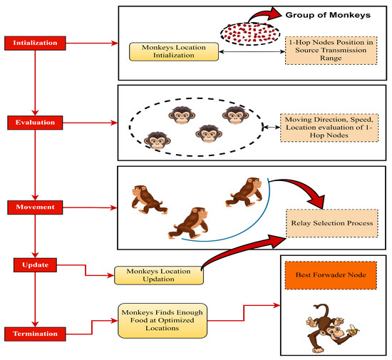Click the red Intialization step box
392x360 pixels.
click(35, 43)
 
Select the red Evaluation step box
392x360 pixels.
click(35, 123)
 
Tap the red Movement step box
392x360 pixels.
click(35, 207)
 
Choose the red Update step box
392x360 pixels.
click(35, 265)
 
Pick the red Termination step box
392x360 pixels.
click(35, 334)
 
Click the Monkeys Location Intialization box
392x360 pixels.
click(174, 51)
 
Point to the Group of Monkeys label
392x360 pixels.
click(328, 15)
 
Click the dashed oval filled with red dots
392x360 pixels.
click(250, 34)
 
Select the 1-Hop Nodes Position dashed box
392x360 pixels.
click(331, 50)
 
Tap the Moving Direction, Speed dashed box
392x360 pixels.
click(329, 128)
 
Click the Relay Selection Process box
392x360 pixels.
click(331, 223)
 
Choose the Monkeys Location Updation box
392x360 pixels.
click(159, 275)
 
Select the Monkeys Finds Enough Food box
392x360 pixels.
click(163, 321)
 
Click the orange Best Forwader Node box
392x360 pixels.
click(331, 275)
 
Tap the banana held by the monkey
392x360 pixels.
click(353, 330)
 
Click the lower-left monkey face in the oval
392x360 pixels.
click(158, 140)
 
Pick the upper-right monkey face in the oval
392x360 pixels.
click(235, 115)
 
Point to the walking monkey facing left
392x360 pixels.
click(148, 200)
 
